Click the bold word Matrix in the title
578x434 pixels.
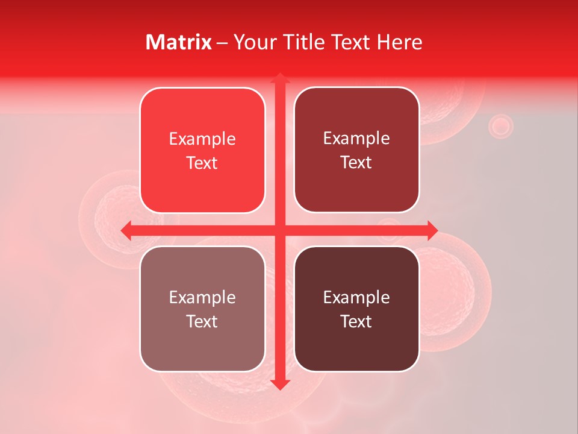pos(179,42)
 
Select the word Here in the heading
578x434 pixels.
pos(400,42)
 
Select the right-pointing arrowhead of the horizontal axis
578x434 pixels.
pos(432,230)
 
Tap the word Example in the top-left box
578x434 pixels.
pos(202,139)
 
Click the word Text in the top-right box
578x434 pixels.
pos(356,162)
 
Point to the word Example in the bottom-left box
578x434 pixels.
pos(202,298)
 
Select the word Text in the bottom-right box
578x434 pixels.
pos(356,321)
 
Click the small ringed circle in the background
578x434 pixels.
pos(500,126)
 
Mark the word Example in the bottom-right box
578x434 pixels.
pos(356,298)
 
